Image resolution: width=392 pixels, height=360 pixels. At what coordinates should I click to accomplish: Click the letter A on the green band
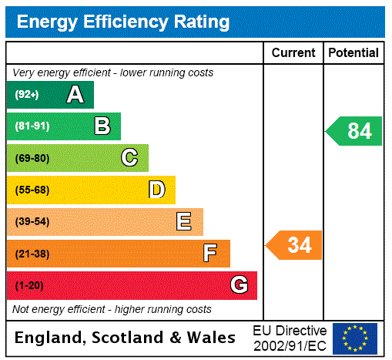click(75, 95)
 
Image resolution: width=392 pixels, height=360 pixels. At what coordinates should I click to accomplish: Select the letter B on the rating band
click(102, 126)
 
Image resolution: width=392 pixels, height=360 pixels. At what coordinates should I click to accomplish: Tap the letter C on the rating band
click(129, 158)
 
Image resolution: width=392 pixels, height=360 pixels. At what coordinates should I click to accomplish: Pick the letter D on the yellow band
click(157, 190)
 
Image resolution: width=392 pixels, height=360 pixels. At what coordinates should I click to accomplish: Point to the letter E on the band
click(184, 222)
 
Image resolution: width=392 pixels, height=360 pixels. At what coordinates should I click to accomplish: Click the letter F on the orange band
click(210, 254)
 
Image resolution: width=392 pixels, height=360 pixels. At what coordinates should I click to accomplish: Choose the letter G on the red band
click(239, 285)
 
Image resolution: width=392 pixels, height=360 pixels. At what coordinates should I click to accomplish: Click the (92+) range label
click(27, 95)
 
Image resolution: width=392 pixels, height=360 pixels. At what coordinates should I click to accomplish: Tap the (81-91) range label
click(32, 126)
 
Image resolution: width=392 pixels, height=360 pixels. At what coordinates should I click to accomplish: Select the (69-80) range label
click(32, 158)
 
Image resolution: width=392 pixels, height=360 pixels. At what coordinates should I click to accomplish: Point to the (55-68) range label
click(32, 190)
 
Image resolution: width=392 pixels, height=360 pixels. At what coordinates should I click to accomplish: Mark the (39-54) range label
click(32, 222)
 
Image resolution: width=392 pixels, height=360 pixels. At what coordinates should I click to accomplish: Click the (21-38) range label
click(32, 254)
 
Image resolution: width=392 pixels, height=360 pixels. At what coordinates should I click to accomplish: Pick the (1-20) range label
click(29, 285)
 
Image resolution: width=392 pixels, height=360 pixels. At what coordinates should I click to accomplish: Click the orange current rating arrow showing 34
click(295, 246)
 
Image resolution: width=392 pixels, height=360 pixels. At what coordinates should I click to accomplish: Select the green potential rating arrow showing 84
click(355, 131)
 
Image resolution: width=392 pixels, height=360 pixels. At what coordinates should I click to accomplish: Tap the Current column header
click(293, 52)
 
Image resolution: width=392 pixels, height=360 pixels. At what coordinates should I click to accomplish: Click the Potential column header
click(353, 52)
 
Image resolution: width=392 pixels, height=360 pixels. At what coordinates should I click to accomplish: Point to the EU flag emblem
click(355, 338)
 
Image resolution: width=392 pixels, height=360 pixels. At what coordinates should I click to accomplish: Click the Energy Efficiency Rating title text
click(122, 22)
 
